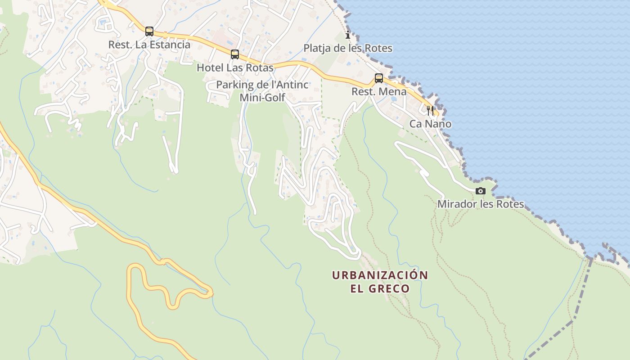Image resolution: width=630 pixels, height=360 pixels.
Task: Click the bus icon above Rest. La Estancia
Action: (x=149, y=31)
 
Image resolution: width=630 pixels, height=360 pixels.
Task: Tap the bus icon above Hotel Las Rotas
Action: (x=234, y=54)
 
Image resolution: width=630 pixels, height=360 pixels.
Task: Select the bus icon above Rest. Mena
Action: (x=379, y=78)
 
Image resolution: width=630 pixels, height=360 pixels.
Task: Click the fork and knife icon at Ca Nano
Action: (x=430, y=110)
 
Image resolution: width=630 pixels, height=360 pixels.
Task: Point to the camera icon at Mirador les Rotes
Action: (x=481, y=191)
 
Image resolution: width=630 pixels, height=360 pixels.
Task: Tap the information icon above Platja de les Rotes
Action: (x=347, y=35)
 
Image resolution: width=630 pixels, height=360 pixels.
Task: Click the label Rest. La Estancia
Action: (x=149, y=45)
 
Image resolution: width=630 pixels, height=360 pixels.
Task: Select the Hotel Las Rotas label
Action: (x=235, y=68)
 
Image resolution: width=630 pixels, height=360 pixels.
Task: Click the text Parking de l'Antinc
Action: (x=262, y=85)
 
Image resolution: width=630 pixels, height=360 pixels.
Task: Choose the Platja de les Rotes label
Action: (x=348, y=48)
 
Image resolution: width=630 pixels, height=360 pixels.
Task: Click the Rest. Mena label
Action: (x=379, y=92)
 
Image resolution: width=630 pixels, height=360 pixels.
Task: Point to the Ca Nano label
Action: (x=430, y=124)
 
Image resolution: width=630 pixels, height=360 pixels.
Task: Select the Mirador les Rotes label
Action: (x=481, y=204)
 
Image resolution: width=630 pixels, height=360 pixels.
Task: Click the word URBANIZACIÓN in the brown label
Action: (x=380, y=275)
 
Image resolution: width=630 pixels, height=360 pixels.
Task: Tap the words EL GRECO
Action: (x=380, y=288)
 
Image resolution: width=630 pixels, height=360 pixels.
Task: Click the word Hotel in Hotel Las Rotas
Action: (x=210, y=68)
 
